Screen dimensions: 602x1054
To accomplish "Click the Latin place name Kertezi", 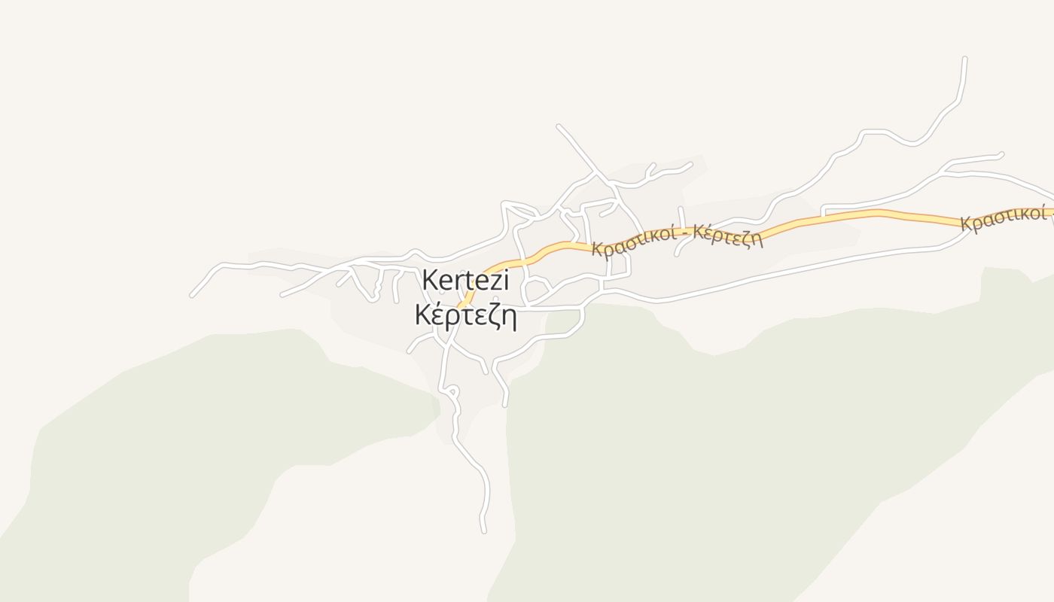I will point(465,281).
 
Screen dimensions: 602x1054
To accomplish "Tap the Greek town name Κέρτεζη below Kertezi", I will point(465,316).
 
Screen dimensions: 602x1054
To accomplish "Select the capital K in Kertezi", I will point(430,281).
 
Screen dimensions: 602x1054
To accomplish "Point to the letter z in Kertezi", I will point(492,282).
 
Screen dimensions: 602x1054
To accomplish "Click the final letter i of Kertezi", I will point(506,281).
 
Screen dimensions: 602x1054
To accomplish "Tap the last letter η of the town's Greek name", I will point(508,319).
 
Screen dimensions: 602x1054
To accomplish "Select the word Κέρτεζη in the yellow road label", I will point(728,236).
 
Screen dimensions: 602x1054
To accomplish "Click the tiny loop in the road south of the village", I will point(452,390).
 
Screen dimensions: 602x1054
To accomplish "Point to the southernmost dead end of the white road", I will point(483,531).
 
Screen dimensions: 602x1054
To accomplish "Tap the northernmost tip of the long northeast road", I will point(964,59).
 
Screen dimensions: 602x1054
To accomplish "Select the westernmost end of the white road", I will point(191,296).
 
